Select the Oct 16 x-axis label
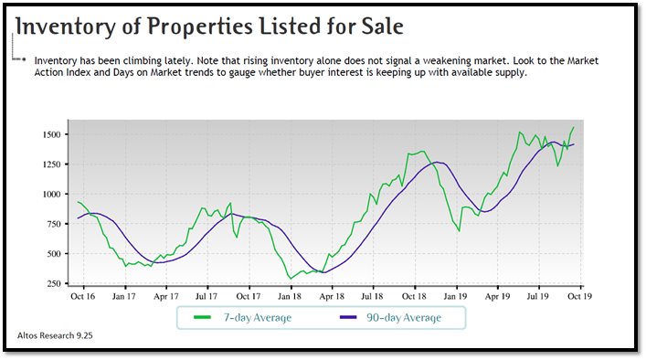tap(84, 297)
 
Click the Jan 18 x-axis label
tap(290, 297)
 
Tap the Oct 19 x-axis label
tap(579, 297)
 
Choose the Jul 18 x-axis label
tap(372, 297)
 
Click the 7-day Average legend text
tap(258, 318)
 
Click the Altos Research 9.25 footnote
tap(56, 336)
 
